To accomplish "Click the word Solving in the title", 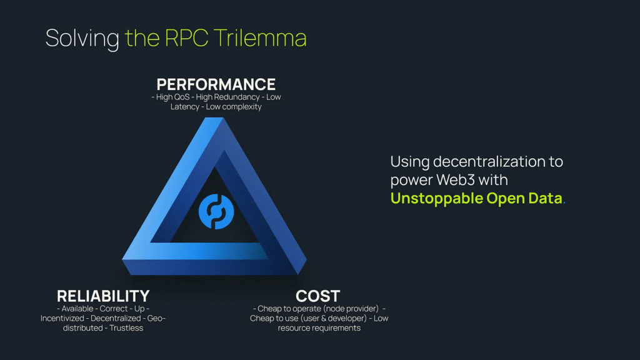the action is click(82, 38).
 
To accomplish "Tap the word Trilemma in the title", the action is click(259, 38).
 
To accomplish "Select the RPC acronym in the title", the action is click(186, 38).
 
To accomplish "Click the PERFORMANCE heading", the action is click(216, 84).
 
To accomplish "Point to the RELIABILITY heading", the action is click(103, 296).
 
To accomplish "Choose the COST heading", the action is click(317, 296).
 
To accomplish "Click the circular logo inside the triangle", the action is click(216, 211).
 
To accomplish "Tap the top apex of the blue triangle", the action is click(214, 118).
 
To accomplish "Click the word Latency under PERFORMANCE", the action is click(185, 106).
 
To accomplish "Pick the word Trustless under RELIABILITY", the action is click(126, 327).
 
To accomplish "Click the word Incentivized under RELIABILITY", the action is click(62, 318).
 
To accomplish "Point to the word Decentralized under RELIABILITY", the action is click(116, 318).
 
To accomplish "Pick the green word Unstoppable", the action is click(436, 198).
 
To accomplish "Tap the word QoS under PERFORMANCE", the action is click(181, 97).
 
